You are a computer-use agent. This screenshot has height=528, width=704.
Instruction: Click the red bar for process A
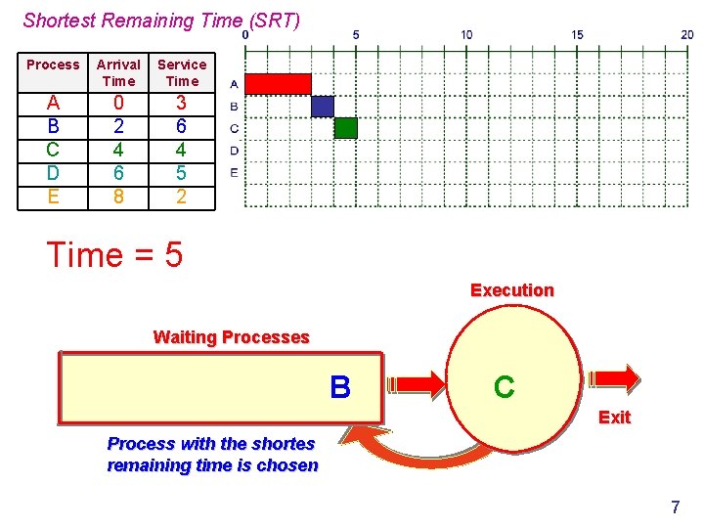coord(278,84)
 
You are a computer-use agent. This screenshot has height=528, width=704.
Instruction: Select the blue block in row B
coord(323,106)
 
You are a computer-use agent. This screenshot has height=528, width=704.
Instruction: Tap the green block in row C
coord(345,127)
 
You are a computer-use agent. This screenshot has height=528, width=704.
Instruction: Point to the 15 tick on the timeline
coord(577,34)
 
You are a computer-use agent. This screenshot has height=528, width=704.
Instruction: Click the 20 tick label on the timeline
coord(687,34)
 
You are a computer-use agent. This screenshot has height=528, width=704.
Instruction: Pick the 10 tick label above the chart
coord(466,34)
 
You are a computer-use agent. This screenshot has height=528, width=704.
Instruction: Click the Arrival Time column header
coord(118,72)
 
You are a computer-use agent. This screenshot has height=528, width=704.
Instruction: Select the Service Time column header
coord(182,72)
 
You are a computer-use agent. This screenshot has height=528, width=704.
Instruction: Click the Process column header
coord(53,65)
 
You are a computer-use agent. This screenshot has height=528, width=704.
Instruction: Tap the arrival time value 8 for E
coord(118,197)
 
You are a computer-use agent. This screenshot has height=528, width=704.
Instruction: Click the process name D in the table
coord(53,173)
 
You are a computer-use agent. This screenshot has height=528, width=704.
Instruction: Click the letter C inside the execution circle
coord(504,387)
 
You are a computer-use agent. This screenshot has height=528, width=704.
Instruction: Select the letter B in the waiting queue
coord(339,388)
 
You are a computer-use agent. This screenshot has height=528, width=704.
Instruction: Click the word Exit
coord(614,418)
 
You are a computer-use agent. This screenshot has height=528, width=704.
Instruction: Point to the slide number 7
coord(675,506)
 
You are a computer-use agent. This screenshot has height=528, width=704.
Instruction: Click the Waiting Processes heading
coord(231,337)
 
